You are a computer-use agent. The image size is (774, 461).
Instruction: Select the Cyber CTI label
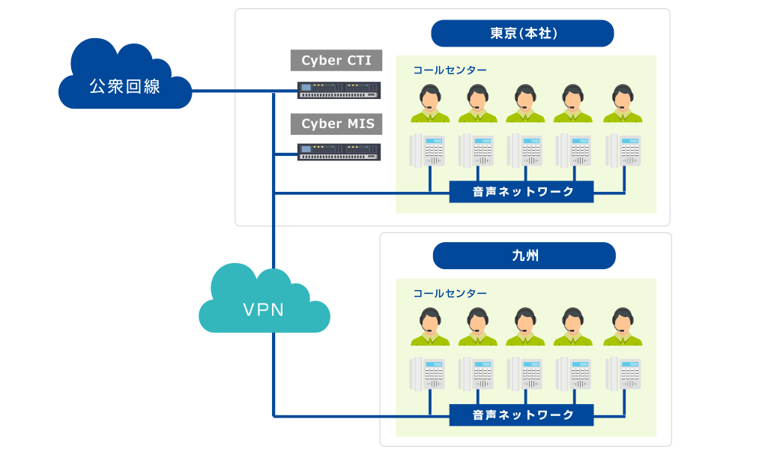336,60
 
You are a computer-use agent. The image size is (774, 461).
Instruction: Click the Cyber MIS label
336,124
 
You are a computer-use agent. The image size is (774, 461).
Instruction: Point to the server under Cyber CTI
339,90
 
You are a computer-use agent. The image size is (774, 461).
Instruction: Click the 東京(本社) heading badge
523,34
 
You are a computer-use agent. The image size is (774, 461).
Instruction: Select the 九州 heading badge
524,256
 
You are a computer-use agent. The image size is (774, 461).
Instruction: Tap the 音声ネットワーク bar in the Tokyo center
521,192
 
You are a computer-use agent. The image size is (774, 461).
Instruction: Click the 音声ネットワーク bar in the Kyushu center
521,415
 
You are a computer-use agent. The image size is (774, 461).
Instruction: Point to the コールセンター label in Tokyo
450,70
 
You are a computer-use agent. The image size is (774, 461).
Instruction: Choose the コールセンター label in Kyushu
450,294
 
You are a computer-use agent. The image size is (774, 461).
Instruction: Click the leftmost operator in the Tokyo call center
430,104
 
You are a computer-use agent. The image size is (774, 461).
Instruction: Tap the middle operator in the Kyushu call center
526,327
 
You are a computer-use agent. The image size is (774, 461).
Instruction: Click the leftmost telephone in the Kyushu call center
428,373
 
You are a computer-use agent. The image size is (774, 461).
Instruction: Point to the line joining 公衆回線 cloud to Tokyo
232,91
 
